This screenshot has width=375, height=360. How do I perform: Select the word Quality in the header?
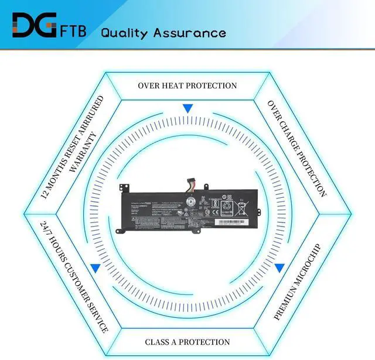click(x=125, y=32)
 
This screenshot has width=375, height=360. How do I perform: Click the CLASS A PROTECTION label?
click(x=187, y=342)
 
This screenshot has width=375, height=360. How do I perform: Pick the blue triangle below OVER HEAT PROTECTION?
click(x=187, y=109)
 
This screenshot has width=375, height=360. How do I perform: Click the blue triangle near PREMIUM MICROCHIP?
click(x=279, y=268)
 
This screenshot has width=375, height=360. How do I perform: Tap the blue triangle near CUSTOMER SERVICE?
click(x=95, y=268)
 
